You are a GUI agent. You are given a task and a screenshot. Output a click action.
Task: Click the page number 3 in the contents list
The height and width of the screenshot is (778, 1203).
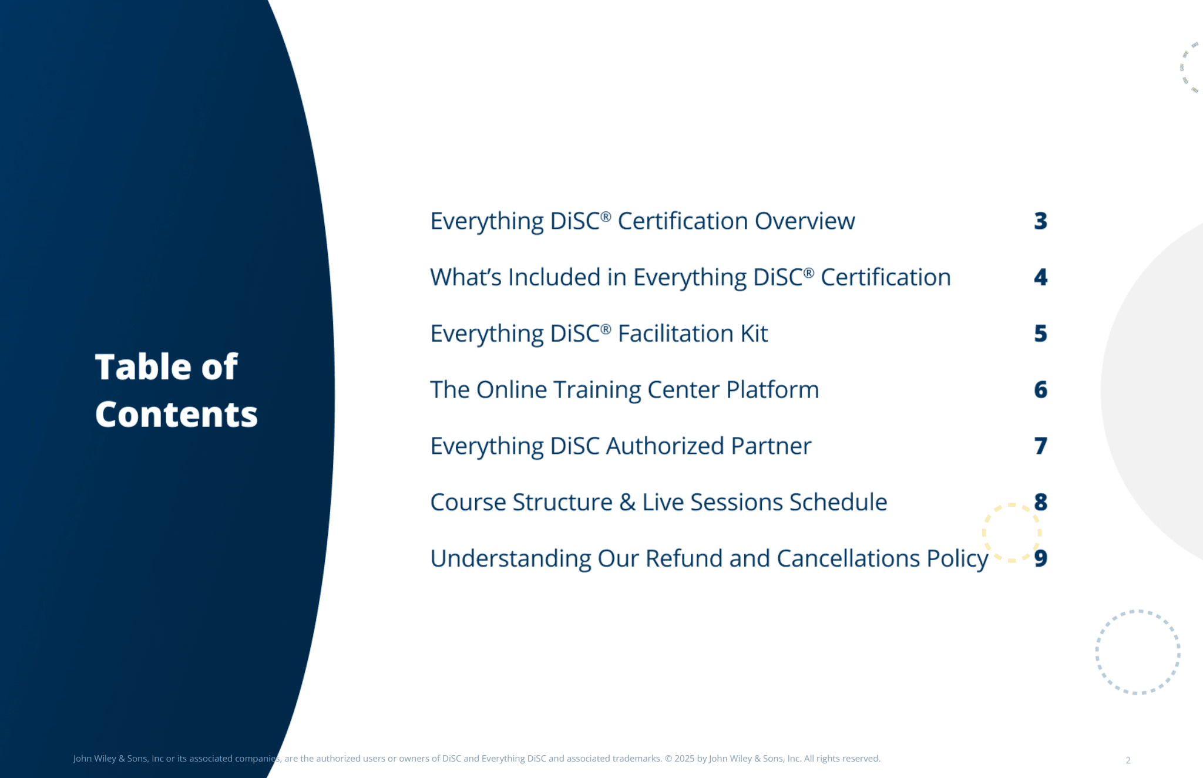pyautogui.click(x=1040, y=221)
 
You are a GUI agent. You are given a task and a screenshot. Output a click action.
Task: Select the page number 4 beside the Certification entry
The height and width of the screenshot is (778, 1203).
pyautogui.click(x=1040, y=277)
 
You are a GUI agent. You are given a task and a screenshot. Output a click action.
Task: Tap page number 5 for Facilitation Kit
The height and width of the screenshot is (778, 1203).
pyautogui.click(x=1040, y=334)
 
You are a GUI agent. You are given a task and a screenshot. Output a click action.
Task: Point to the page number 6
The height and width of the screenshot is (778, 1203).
pyautogui.click(x=1040, y=389)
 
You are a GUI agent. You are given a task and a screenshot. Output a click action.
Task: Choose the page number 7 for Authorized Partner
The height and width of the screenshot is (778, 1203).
pyautogui.click(x=1040, y=446)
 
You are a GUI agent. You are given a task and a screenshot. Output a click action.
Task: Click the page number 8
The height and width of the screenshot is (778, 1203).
pyautogui.click(x=1040, y=502)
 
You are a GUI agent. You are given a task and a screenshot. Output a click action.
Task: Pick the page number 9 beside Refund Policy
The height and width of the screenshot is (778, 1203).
pyautogui.click(x=1040, y=558)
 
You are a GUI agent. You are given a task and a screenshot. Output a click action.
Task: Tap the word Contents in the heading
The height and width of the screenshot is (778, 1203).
pyautogui.click(x=176, y=415)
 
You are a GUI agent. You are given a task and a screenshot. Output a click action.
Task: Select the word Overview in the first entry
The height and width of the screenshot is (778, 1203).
pyautogui.click(x=805, y=221)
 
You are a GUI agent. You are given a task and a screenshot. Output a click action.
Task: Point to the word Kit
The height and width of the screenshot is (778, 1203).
pyautogui.click(x=754, y=334)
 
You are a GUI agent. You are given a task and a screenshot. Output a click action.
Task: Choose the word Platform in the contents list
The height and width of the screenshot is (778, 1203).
pyautogui.click(x=772, y=390)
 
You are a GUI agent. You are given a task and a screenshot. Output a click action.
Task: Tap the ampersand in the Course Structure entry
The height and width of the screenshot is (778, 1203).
pyautogui.click(x=627, y=503)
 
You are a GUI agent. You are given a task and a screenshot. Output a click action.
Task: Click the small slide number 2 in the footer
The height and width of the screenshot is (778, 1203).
pyautogui.click(x=1128, y=760)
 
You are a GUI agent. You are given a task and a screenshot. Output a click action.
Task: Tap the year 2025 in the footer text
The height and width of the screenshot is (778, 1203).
pyautogui.click(x=684, y=759)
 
